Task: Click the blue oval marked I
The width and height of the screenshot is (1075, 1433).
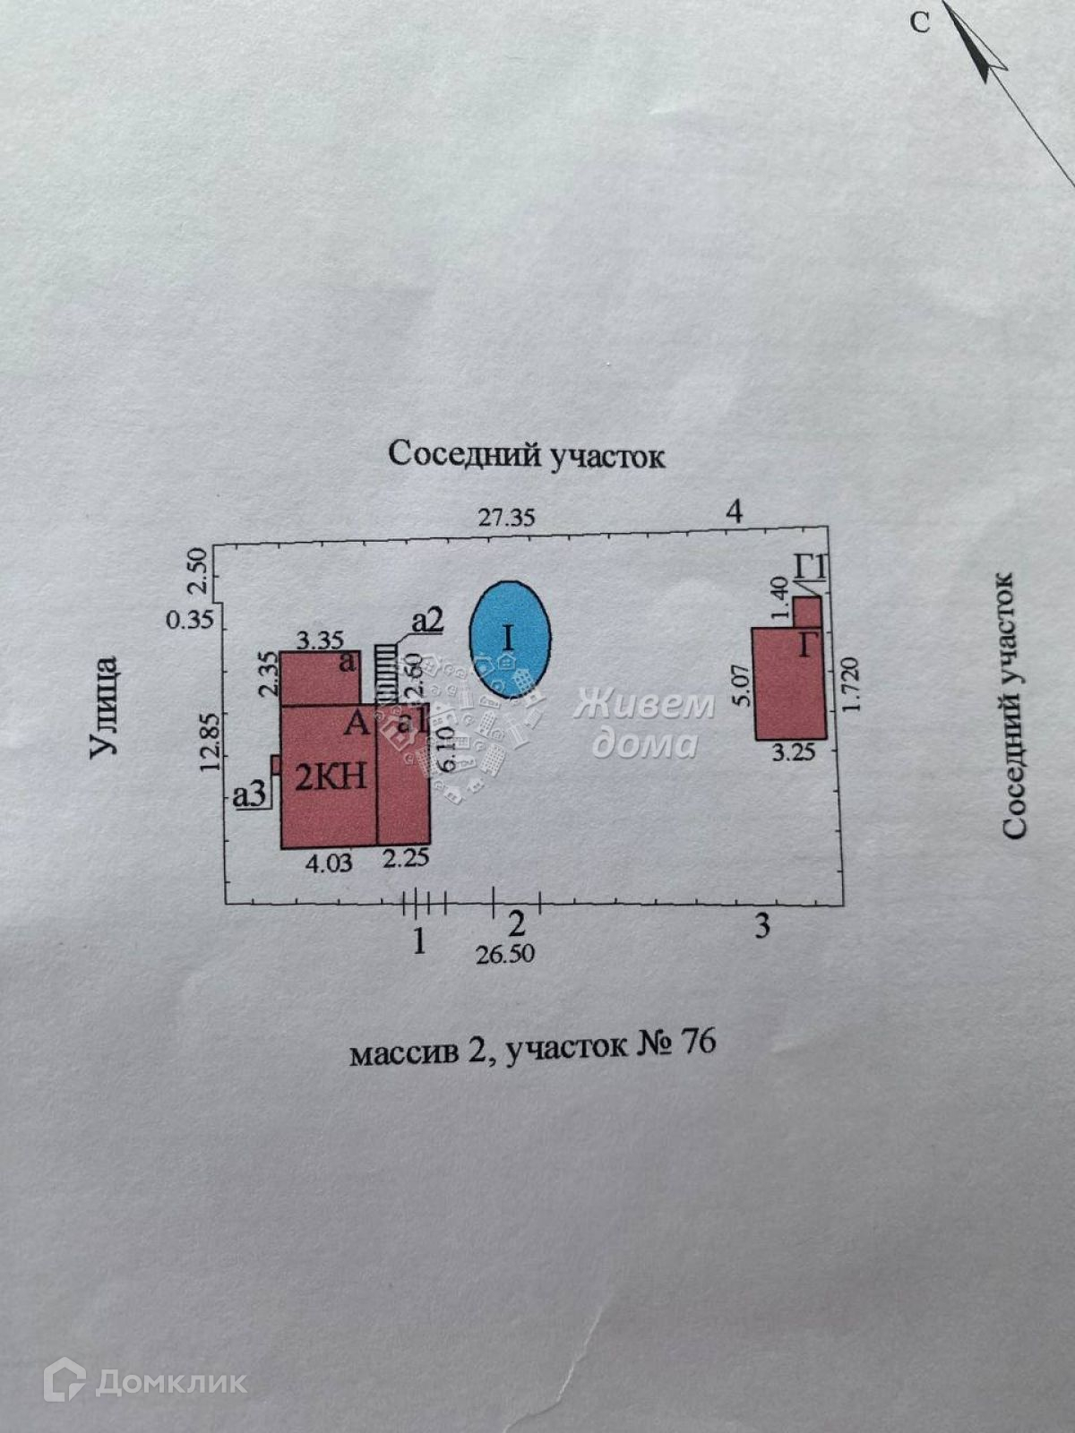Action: pyautogui.click(x=511, y=639)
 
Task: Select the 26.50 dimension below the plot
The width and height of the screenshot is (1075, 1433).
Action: pyautogui.click(x=505, y=954)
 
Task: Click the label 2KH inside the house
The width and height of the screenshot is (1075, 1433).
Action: pyautogui.click(x=331, y=776)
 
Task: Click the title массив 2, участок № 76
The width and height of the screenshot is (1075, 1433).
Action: pyautogui.click(x=532, y=1046)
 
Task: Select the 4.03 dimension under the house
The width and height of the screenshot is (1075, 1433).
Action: pyautogui.click(x=329, y=862)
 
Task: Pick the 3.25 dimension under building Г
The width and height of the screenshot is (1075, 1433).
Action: pyautogui.click(x=793, y=753)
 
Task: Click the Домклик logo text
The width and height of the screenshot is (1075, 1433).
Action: pyautogui.click(x=170, y=1382)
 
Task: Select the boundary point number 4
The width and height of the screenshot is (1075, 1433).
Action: pyautogui.click(x=735, y=511)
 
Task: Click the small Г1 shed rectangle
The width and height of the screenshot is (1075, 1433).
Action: pyautogui.click(x=807, y=612)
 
